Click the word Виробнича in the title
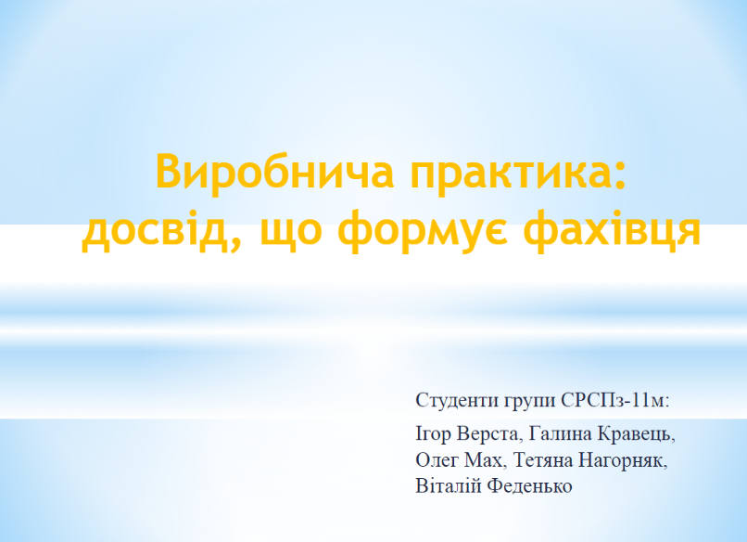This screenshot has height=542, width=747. click(275, 171)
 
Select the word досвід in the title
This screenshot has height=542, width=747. click(157, 228)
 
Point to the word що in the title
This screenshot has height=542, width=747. click(291, 232)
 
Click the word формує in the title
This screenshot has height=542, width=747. click(423, 230)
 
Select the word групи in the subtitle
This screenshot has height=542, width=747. click(529, 402)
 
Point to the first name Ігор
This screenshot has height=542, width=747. click(433, 434)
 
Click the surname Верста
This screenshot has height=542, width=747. click(487, 433)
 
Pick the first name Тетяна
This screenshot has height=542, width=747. click(542, 460)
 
